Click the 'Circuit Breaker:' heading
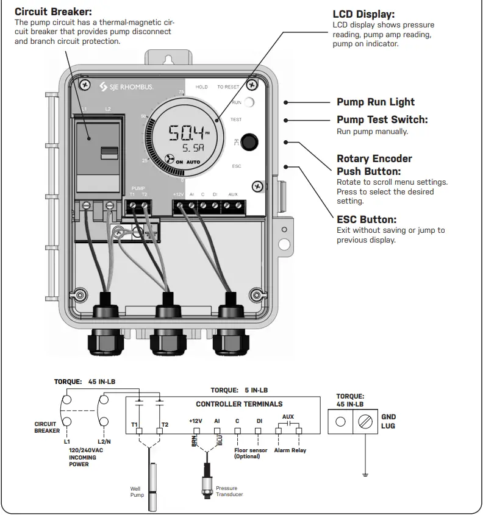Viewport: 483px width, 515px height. coord(54,12)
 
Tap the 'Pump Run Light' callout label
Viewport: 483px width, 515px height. coord(375,102)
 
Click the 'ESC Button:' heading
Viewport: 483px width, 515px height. coord(366,219)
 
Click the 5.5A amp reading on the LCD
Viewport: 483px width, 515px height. coord(190,149)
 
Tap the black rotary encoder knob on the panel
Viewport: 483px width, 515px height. coord(247,142)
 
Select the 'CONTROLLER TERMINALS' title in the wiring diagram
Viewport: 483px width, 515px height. coord(239,403)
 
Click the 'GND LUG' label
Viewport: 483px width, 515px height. coord(388,421)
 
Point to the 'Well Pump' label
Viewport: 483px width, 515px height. coord(137,491)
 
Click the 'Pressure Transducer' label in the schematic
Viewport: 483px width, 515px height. coord(229,491)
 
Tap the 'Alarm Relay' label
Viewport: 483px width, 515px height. coord(291,450)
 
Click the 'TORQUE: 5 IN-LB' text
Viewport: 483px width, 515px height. coord(238,389)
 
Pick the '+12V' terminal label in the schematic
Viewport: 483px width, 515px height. coord(195,420)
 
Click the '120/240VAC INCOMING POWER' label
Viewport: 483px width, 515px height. coord(83,458)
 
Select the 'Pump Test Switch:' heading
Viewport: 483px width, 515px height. coord(382,119)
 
